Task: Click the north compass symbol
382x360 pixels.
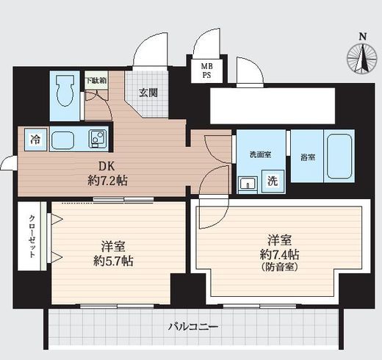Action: point(362,58)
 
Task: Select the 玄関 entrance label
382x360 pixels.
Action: point(148,93)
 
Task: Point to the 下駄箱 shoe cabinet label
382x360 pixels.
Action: point(95,80)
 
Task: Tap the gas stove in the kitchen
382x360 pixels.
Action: point(96,138)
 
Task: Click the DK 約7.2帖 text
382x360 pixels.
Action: point(100,172)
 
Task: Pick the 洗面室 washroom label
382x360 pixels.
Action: point(259,155)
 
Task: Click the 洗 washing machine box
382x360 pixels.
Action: point(273,180)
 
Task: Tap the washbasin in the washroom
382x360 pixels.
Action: point(248,183)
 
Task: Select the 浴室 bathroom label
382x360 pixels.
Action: point(308,157)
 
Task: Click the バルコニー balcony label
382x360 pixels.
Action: point(193,325)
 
